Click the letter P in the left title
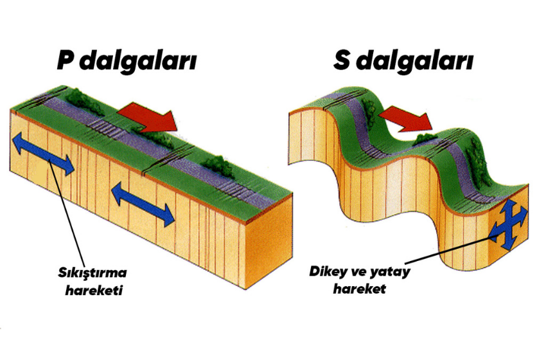click(67, 61)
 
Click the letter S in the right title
click(342, 61)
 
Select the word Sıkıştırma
click(92, 273)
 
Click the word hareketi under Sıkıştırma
click(94, 289)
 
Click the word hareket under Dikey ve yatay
click(359, 289)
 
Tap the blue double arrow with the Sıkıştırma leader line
click(44, 154)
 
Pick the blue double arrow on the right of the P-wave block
click(143, 204)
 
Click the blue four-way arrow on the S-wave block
click(509, 224)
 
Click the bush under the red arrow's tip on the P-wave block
click(154, 137)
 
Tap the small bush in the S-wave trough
click(425, 138)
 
